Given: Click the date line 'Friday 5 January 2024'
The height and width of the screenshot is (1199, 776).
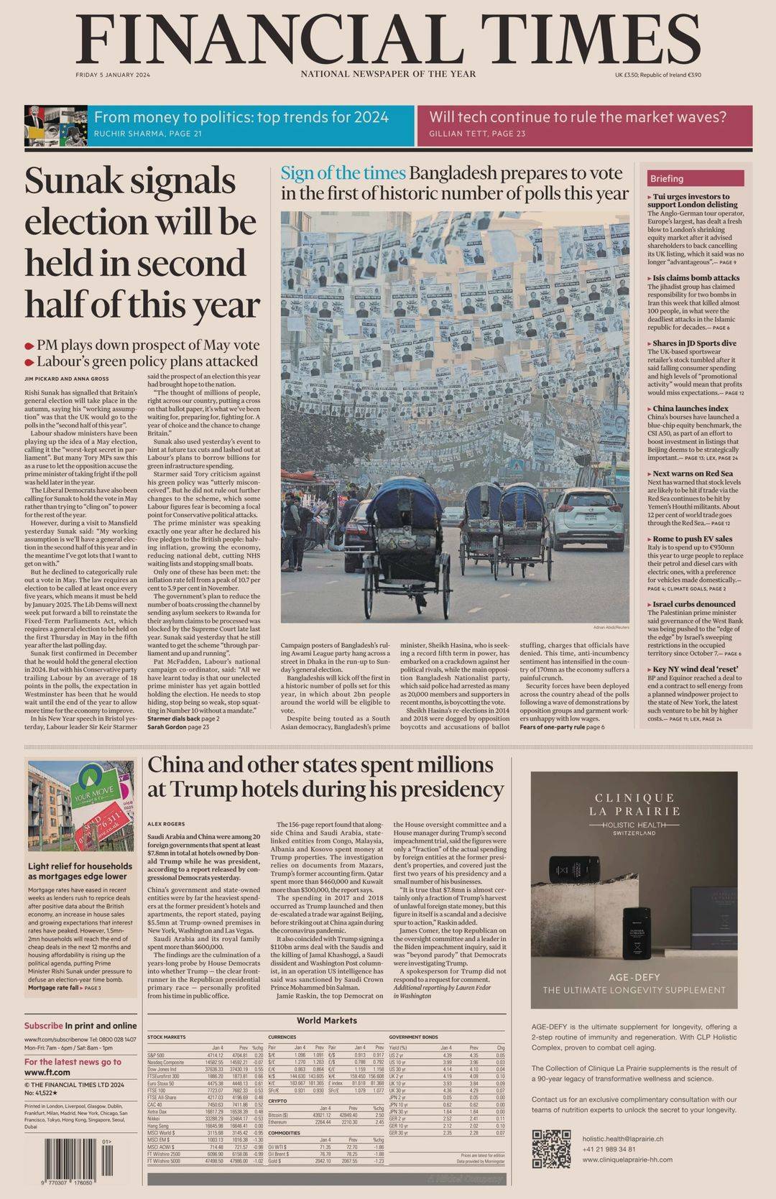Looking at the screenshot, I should (x=113, y=75).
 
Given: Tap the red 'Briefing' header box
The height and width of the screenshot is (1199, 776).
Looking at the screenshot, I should (x=695, y=178).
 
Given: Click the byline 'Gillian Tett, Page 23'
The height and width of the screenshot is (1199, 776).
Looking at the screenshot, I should (x=477, y=134).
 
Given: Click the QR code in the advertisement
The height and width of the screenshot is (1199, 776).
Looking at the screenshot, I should (x=552, y=1149).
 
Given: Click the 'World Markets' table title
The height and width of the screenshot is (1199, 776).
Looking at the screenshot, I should (x=326, y=1019).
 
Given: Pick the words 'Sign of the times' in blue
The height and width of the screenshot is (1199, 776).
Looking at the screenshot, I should (x=343, y=173).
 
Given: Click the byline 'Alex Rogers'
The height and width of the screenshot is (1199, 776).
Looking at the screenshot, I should (x=166, y=823).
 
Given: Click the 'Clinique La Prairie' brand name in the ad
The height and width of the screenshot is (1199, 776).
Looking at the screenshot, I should (x=634, y=804).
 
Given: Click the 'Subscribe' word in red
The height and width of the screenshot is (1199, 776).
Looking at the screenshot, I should (x=43, y=1026).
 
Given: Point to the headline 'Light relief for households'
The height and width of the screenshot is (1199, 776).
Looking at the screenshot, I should (x=80, y=866).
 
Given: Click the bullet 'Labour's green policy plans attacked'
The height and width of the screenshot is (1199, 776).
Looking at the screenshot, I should (x=147, y=361).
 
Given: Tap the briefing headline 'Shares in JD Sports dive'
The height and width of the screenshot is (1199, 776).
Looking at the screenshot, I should (x=694, y=343).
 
